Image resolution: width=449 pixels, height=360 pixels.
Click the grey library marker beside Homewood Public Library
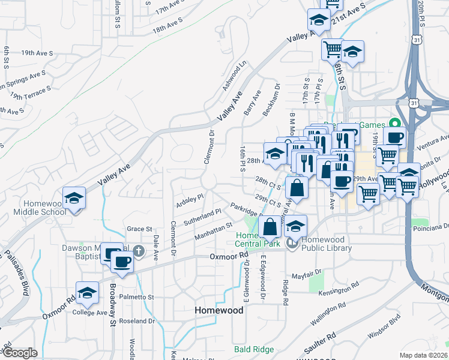tap(292, 244)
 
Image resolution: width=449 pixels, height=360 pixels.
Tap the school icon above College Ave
tap(88, 293)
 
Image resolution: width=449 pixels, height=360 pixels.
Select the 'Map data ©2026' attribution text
tap(424, 355)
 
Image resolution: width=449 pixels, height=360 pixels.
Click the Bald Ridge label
tap(254, 349)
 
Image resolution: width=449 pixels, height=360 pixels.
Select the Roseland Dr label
tap(137, 321)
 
